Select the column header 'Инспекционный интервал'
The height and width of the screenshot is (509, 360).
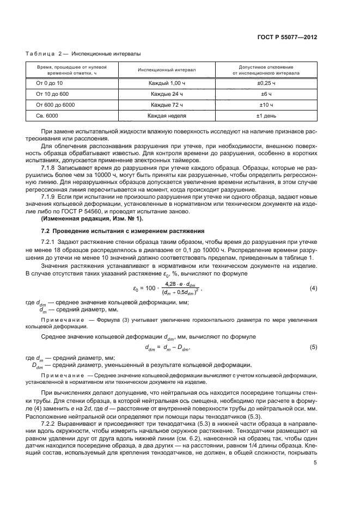point(167,70)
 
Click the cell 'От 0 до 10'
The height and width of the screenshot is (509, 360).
point(50,83)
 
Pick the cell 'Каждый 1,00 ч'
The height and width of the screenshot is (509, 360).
point(167,83)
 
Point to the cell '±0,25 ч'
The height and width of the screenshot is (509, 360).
point(266,83)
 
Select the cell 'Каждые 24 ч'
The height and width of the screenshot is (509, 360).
point(167,94)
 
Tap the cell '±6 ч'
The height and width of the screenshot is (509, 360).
point(266,94)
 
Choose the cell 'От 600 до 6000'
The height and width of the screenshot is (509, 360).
point(55,105)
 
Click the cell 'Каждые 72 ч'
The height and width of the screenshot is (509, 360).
point(167,105)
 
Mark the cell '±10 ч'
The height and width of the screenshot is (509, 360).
point(266,105)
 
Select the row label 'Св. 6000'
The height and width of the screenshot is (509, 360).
point(47,115)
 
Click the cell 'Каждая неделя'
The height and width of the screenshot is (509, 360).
point(167,115)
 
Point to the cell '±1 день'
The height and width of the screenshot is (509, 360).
point(266,115)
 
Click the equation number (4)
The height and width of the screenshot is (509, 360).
point(313,287)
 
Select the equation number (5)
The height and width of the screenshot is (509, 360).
point(313,346)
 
